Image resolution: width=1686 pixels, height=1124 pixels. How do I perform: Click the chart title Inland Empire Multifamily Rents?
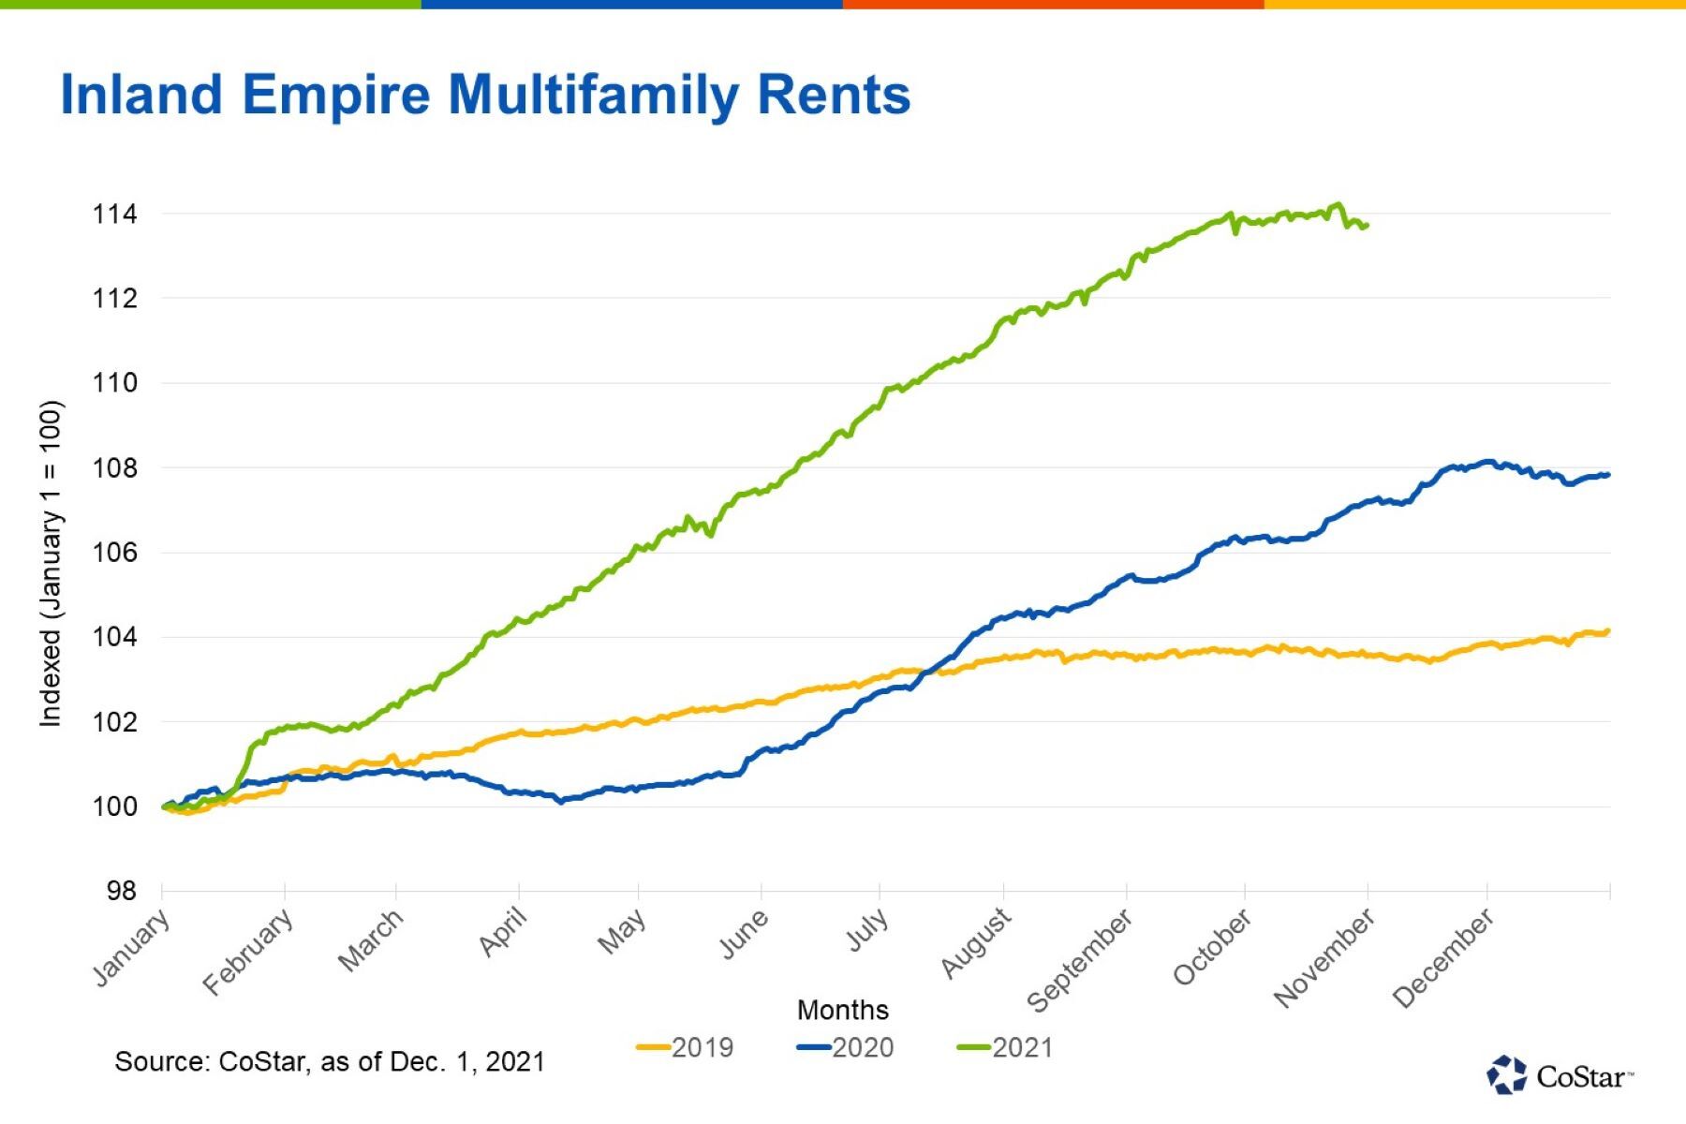tap(485, 95)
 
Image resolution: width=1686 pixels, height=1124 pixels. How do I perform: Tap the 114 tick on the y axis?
tap(114, 214)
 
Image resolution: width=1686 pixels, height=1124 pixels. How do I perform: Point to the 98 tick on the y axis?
tap(122, 891)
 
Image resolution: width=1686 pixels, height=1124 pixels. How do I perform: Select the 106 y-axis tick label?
tap(114, 553)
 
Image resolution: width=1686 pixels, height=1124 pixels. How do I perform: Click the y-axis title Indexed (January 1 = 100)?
tap(51, 563)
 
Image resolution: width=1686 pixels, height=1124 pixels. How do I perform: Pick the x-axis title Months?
tap(842, 1010)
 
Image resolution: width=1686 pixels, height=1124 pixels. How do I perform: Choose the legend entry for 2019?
tap(686, 1047)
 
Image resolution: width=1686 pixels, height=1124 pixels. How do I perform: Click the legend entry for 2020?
tap(846, 1047)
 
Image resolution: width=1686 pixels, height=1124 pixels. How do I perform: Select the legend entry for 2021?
tap(1006, 1047)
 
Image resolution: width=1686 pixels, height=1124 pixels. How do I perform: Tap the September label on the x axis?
tap(1079, 961)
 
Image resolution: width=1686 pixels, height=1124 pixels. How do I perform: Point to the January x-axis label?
tap(132, 947)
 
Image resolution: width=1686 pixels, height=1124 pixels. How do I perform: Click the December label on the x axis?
tap(1442, 958)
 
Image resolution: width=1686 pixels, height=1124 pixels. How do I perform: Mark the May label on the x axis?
tap(621, 931)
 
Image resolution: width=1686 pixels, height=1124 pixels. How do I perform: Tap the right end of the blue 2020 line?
tap(1607, 475)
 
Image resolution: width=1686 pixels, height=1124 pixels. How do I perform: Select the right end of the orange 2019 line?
tap(1607, 631)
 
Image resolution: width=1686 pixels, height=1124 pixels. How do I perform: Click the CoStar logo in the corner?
tap(1559, 1075)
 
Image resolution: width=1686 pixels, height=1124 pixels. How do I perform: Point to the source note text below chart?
tap(329, 1061)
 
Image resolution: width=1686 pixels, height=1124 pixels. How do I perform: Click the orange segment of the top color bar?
tap(1053, 5)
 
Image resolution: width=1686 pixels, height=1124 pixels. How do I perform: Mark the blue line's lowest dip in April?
tap(561, 802)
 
